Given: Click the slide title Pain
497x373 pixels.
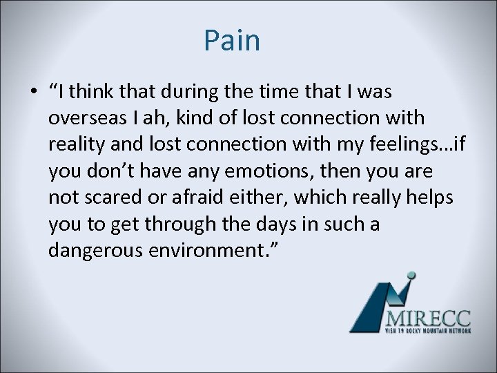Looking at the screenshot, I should pyautogui.click(x=232, y=41).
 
